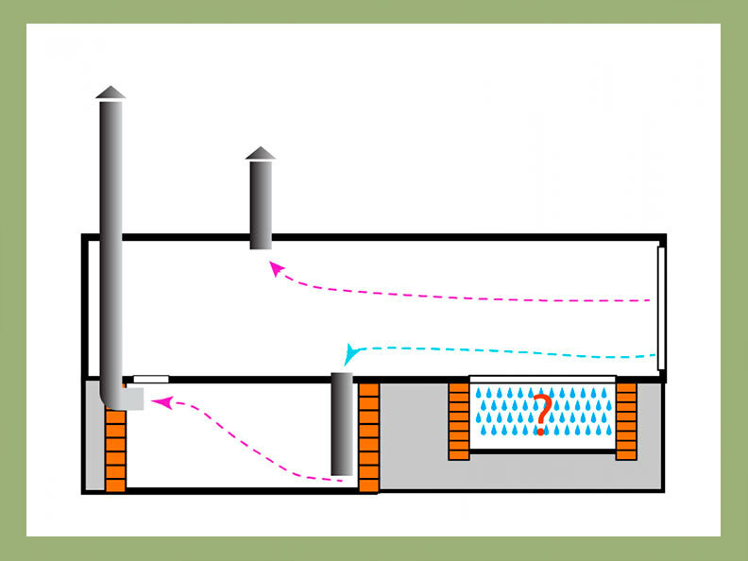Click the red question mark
click(540, 416)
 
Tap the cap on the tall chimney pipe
click(110, 92)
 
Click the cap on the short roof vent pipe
click(261, 153)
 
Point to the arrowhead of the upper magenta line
click(276, 268)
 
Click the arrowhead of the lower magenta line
click(160, 403)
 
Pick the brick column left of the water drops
click(459, 420)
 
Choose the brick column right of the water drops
click(625, 420)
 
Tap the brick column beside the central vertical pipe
click(368, 436)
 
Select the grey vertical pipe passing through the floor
click(342, 423)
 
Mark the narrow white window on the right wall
click(661, 307)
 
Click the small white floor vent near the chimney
click(151, 379)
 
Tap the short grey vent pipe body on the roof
click(261, 203)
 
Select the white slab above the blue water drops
click(541, 380)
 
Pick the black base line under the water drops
click(541, 451)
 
